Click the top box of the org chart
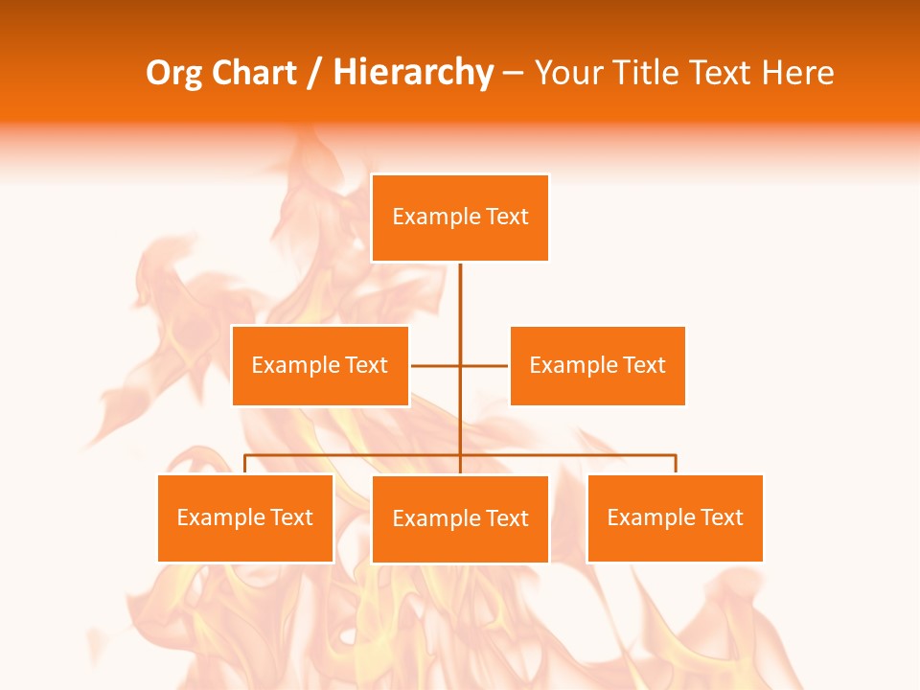pos(460,218)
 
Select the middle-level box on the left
pos(320,365)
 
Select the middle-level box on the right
pos(597,365)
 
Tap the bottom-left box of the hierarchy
pos(245,517)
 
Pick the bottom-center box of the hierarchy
pos(460,518)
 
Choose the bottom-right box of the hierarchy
pos(675,517)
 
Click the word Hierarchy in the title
pos(413,73)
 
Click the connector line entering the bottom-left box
pos(245,464)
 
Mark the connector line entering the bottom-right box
pos(676,464)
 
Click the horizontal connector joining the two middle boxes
pos(437,365)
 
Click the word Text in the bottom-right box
pos(721,517)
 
